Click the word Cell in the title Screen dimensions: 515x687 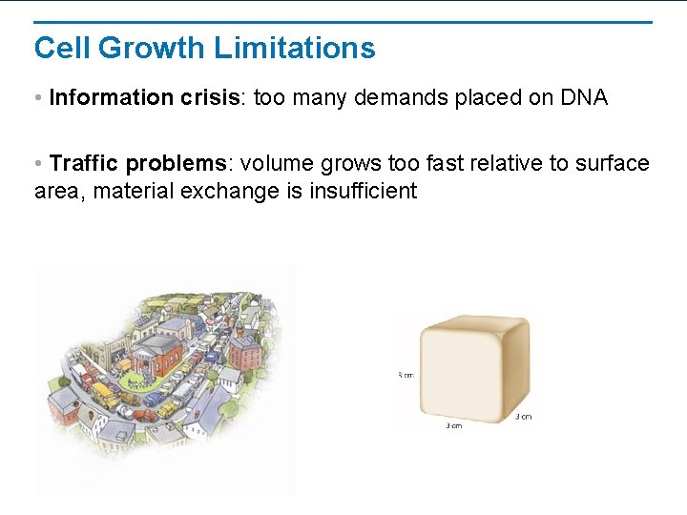point(62,48)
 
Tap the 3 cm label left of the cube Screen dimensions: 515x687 point(406,375)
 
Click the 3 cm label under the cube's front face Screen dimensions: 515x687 point(454,425)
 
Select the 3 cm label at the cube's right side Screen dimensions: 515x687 point(523,416)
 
